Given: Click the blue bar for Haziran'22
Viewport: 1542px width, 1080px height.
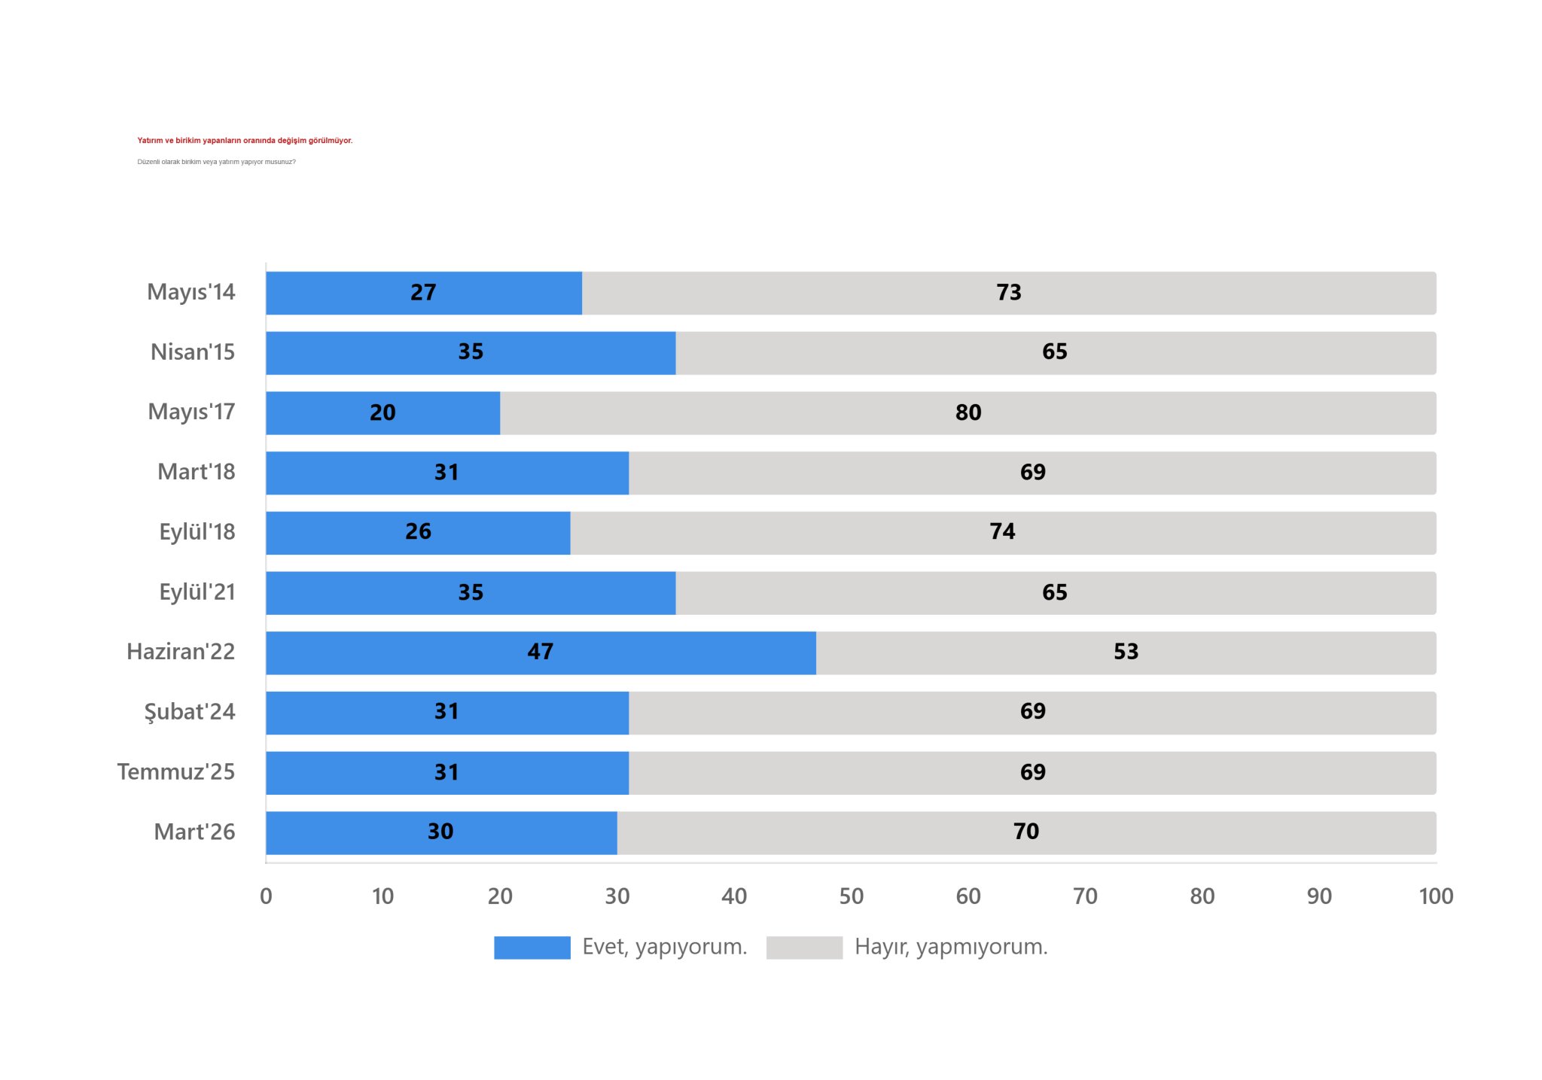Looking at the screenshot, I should click(541, 653).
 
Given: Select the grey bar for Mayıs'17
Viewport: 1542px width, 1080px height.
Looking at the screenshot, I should click(968, 412).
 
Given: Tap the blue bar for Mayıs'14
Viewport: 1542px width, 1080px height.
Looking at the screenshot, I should click(423, 293).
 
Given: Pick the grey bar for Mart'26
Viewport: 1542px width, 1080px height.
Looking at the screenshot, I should click(1026, 832).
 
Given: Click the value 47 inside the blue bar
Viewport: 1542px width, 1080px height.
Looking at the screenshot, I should click(541, 652).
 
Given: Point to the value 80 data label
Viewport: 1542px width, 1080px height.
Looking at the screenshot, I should click(968, 412).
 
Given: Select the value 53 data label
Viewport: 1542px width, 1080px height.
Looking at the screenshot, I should click(1126, 652).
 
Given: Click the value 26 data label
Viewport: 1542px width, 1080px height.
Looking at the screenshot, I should click(419, 532).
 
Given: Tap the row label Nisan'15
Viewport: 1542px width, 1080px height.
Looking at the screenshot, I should click(193, 352).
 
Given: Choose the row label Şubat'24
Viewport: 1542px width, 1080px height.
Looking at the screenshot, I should click(190, 712).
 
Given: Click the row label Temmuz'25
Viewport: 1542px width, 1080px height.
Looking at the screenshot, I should click(176, 772).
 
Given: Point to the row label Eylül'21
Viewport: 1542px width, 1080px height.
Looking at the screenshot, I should click(197, 592).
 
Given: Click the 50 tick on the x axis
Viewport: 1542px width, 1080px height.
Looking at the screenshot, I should click(851, 896).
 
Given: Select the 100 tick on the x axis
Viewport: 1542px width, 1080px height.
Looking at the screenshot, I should click(1435, 896).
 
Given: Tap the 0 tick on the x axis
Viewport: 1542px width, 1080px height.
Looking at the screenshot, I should click(266, 896).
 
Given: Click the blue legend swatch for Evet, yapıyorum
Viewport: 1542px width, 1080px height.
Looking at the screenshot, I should click(532, 948).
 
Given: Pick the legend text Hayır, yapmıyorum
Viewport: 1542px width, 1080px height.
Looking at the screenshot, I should click(951, 947).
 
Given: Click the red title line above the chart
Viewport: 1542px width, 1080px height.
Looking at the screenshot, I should click(245, 141).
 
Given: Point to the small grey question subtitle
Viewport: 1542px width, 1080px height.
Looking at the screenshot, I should click(216, 162).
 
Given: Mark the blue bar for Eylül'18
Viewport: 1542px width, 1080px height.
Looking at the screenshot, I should click(418, 532).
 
